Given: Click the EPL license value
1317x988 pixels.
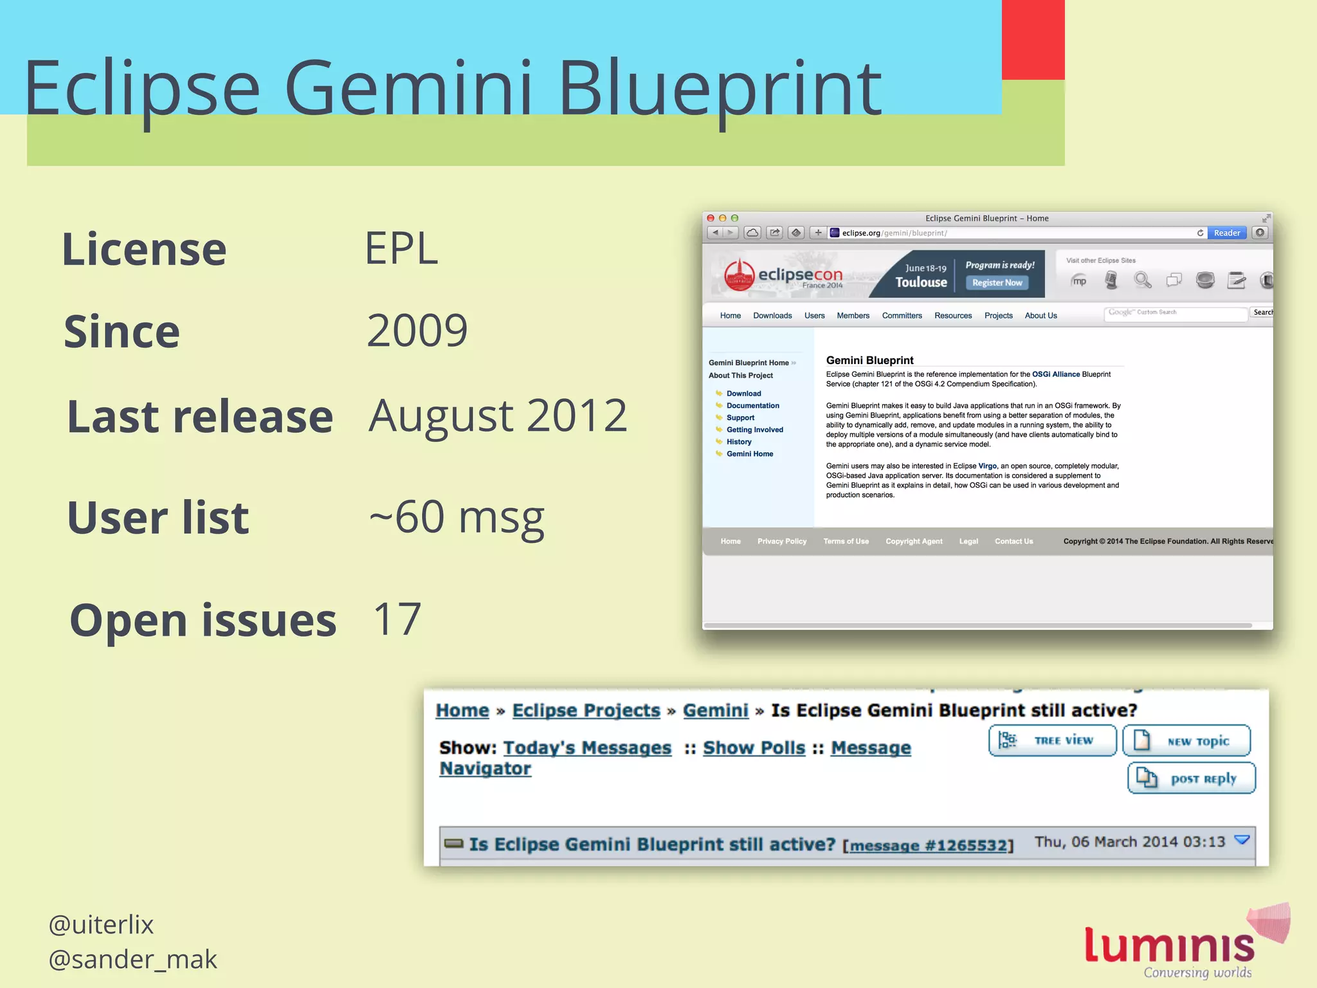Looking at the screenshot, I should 401,248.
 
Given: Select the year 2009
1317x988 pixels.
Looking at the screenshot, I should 417,331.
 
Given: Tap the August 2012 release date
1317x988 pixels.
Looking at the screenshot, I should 498,416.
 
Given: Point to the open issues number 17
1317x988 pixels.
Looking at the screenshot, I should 397,619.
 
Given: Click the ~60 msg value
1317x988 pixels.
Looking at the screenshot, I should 457,517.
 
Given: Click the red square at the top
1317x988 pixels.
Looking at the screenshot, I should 1033,40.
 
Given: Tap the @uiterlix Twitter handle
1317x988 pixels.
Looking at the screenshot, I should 101,925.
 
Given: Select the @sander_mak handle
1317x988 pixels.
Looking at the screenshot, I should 132,960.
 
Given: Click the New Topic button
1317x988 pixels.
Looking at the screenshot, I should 1186,741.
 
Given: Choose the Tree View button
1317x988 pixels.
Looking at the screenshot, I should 1052,741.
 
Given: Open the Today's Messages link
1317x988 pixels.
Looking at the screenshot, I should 587,748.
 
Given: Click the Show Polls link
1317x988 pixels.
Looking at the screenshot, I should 754,748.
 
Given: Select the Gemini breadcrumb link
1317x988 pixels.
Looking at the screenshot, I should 715,711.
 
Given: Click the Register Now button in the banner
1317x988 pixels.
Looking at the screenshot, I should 997,283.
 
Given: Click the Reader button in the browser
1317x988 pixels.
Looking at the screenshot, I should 1226,233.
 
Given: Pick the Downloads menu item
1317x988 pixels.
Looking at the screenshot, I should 772,316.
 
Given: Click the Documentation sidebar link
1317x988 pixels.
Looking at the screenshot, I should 752,406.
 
